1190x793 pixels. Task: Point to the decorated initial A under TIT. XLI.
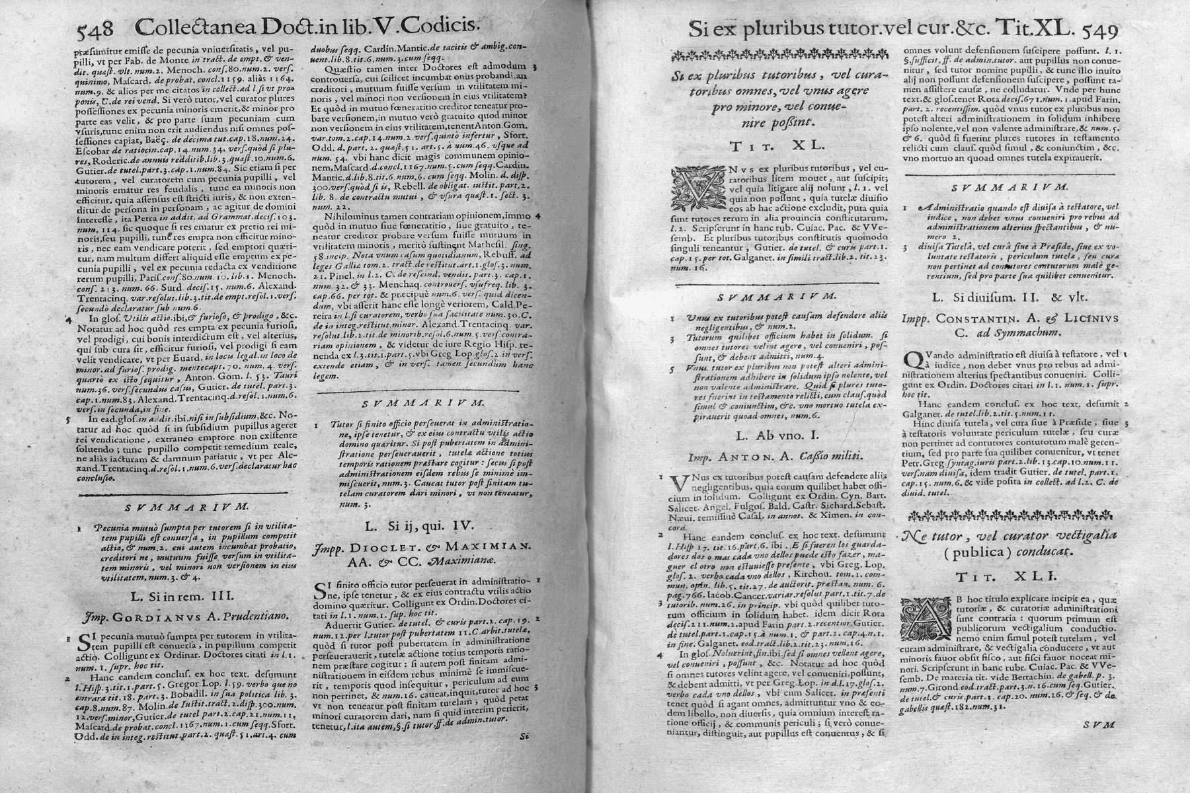926,617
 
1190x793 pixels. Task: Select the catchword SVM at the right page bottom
1099,724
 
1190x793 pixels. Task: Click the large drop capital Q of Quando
913,359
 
